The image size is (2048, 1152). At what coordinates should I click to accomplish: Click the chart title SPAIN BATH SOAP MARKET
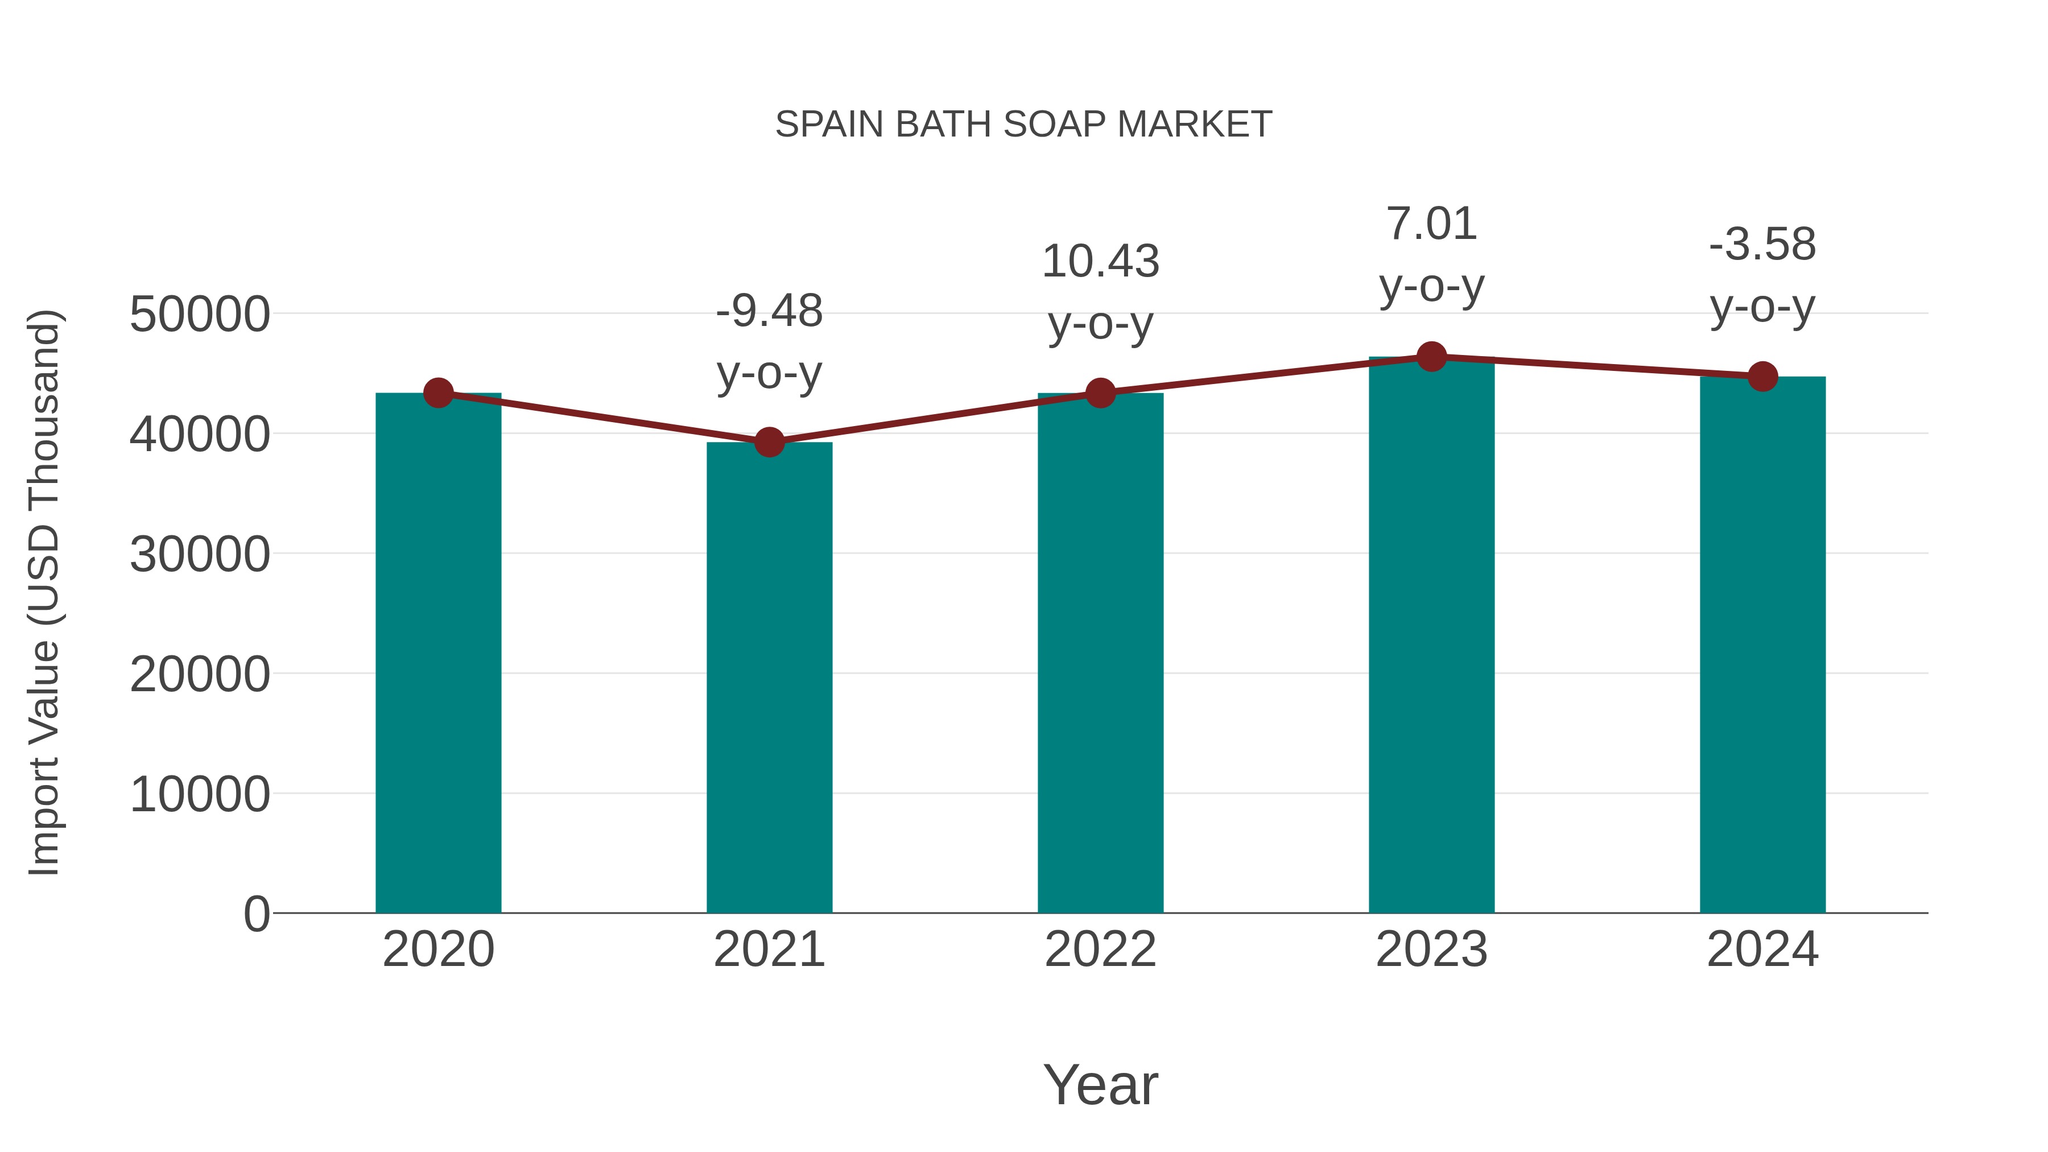[x=1023, y=125]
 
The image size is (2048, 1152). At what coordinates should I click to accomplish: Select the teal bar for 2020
[x=438, y=652]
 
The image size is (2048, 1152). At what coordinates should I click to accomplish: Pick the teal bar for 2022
[x=1100, y=652]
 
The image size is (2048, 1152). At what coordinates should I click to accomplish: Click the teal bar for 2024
[x=1762, y=644]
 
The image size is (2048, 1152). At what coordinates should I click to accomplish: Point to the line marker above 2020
[x=438, y=393]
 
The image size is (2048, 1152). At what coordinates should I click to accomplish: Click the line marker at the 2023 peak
[x=1431, y=357]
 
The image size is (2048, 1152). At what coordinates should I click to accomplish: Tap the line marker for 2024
[x=1762, y=377]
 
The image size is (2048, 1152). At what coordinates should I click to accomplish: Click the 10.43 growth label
[x=1100, y=262]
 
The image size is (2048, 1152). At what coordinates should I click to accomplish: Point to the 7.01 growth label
[x=1431, y=224]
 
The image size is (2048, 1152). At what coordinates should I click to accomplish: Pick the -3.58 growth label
[x=1762, y=245]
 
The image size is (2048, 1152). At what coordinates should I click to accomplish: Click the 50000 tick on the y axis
[x=200, y=314]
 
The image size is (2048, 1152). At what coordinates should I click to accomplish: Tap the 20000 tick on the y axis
[x=200, y=674]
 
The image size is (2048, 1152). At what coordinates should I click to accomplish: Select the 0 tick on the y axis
[x=256, y=914]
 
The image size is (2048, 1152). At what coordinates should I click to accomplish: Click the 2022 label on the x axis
[x=1100, y=949]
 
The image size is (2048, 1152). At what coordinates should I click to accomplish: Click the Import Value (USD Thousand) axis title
[x=44, y=592]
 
